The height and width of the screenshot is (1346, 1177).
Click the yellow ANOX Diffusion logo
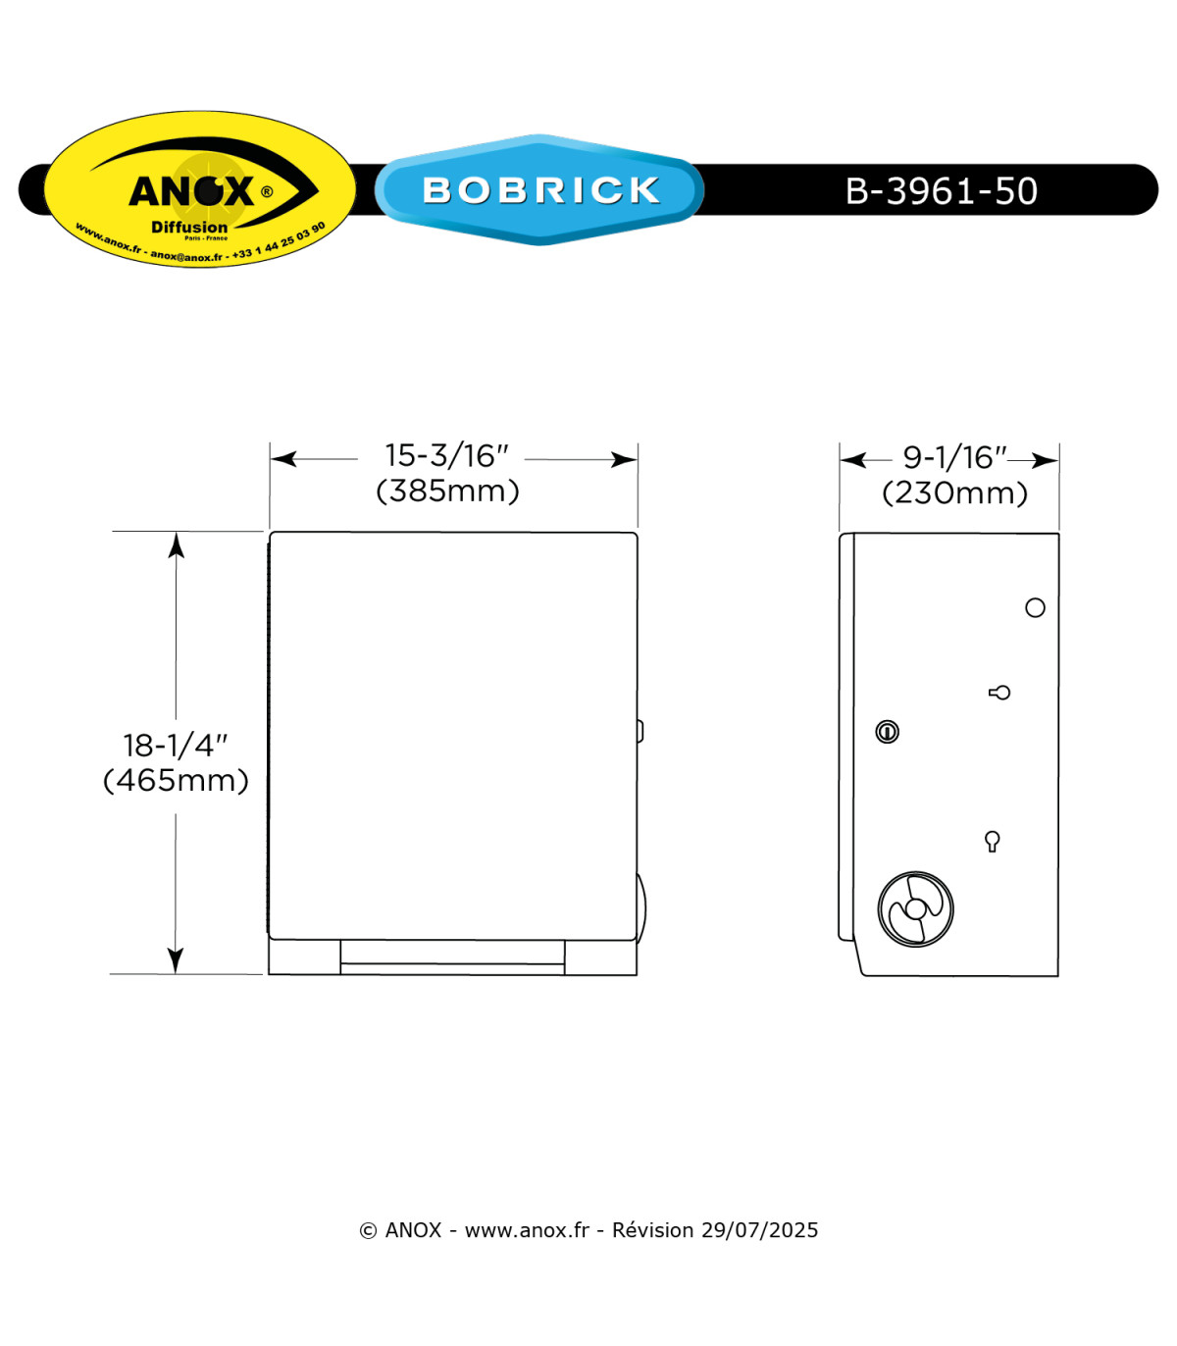(x=200, y=189)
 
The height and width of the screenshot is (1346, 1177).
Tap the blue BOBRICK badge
(x=539, y=189)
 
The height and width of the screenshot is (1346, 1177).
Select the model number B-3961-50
(x=941, y=190)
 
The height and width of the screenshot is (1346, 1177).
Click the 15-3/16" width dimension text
(x=446, y=455)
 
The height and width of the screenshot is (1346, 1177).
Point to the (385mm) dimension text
(x=447, y=491)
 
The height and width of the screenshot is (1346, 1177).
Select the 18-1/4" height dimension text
(x=175, y=746)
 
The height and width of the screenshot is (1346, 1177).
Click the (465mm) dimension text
(x=176, y=780)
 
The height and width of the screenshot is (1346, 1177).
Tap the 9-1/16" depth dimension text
(x=954, y=457)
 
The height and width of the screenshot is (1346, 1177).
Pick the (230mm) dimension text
(x=954, y=492)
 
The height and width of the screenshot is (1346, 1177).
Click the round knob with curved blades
(x=915, y=909)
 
